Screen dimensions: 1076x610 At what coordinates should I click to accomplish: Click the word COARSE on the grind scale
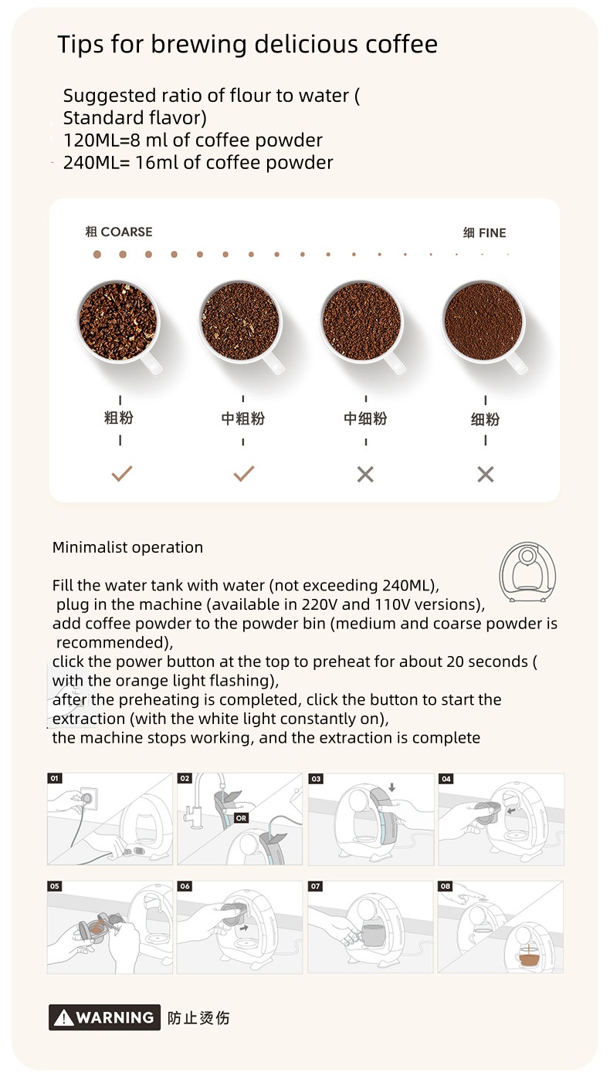coord(127,232)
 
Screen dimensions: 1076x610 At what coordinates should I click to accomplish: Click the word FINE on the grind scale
coord(493,233)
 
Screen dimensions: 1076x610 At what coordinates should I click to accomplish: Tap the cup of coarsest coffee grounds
coord(118,320)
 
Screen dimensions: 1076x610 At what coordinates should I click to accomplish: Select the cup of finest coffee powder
coord(483,321)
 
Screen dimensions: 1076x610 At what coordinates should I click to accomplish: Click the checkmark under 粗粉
coord(121,473)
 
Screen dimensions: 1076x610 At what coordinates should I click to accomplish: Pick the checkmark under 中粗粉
coord(243,473)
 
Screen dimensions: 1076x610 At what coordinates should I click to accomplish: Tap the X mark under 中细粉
coord(365,474)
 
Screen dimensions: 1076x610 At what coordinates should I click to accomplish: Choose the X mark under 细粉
coord(485,474)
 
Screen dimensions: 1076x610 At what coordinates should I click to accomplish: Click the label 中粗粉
coord(242,418)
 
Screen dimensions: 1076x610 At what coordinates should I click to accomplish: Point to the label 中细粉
coord(365,418)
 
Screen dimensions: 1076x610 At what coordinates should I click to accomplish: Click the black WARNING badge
coord(104,1017)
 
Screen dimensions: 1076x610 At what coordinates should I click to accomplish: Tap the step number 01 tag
coord(55,779)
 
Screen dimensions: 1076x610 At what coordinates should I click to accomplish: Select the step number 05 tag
coord(55,886)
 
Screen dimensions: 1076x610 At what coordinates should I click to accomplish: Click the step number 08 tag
coord(446,886)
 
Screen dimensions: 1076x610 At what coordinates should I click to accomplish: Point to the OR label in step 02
coord(241,817)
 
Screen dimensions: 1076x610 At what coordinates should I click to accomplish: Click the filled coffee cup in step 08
coord(530,958)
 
